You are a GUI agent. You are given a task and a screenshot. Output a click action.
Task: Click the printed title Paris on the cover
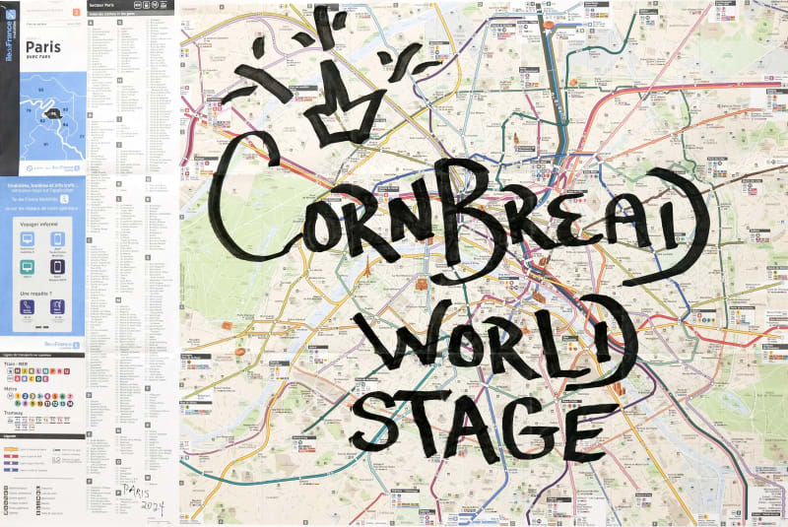click(x=43, y=45)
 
